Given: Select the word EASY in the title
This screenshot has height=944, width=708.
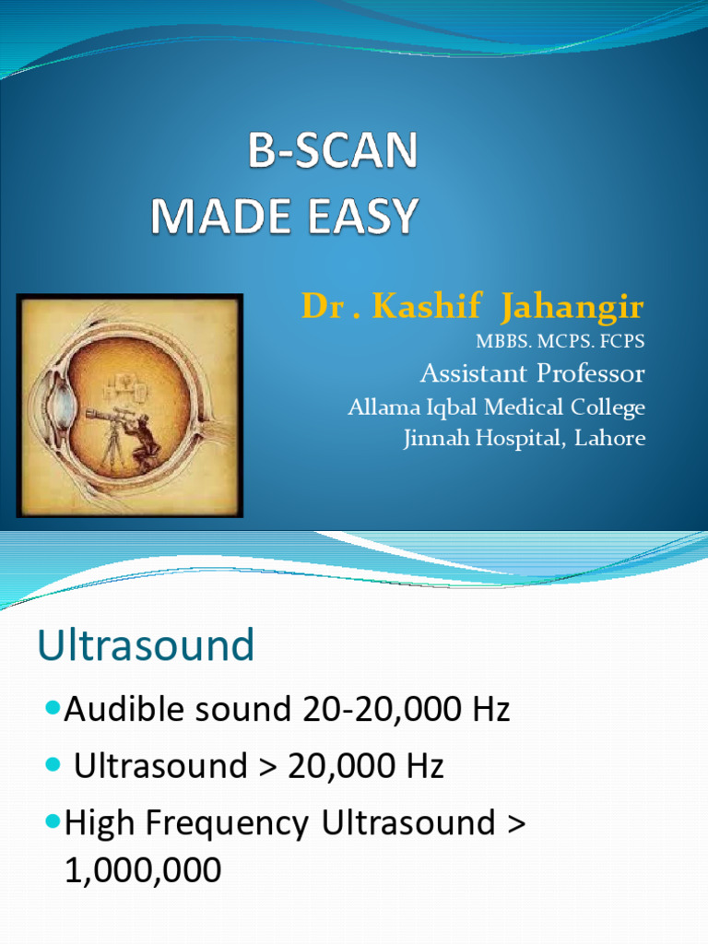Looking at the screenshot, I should coord(366,218).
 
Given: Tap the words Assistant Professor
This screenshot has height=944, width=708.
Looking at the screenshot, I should coord(532,373).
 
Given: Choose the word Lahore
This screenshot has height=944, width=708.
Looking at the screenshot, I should coord(609,438).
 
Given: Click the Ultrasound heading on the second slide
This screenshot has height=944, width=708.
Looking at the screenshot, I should coord(146,646).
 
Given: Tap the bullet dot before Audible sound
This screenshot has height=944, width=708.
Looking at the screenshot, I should coord(53,708).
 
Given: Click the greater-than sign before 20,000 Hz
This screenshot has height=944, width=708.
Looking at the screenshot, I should coord(269,766).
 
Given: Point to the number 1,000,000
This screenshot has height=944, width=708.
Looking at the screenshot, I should coord(143,870).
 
